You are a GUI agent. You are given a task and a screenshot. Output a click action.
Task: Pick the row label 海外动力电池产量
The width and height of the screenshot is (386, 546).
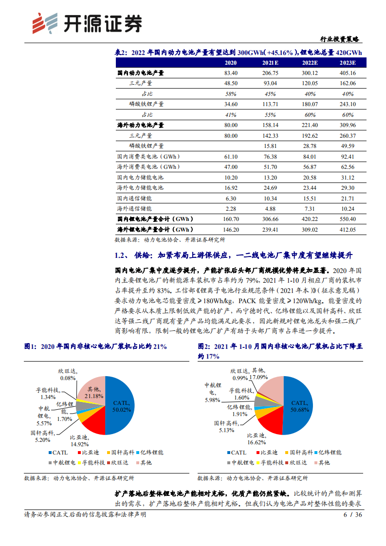tap(141, 125)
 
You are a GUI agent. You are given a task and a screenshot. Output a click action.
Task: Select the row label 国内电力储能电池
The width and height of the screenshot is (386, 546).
tap(140, 177)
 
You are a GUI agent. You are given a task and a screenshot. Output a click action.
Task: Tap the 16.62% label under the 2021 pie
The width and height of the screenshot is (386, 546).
tap(257, 442)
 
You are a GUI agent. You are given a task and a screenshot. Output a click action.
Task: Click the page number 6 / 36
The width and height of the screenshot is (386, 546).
tap(352, 514)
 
